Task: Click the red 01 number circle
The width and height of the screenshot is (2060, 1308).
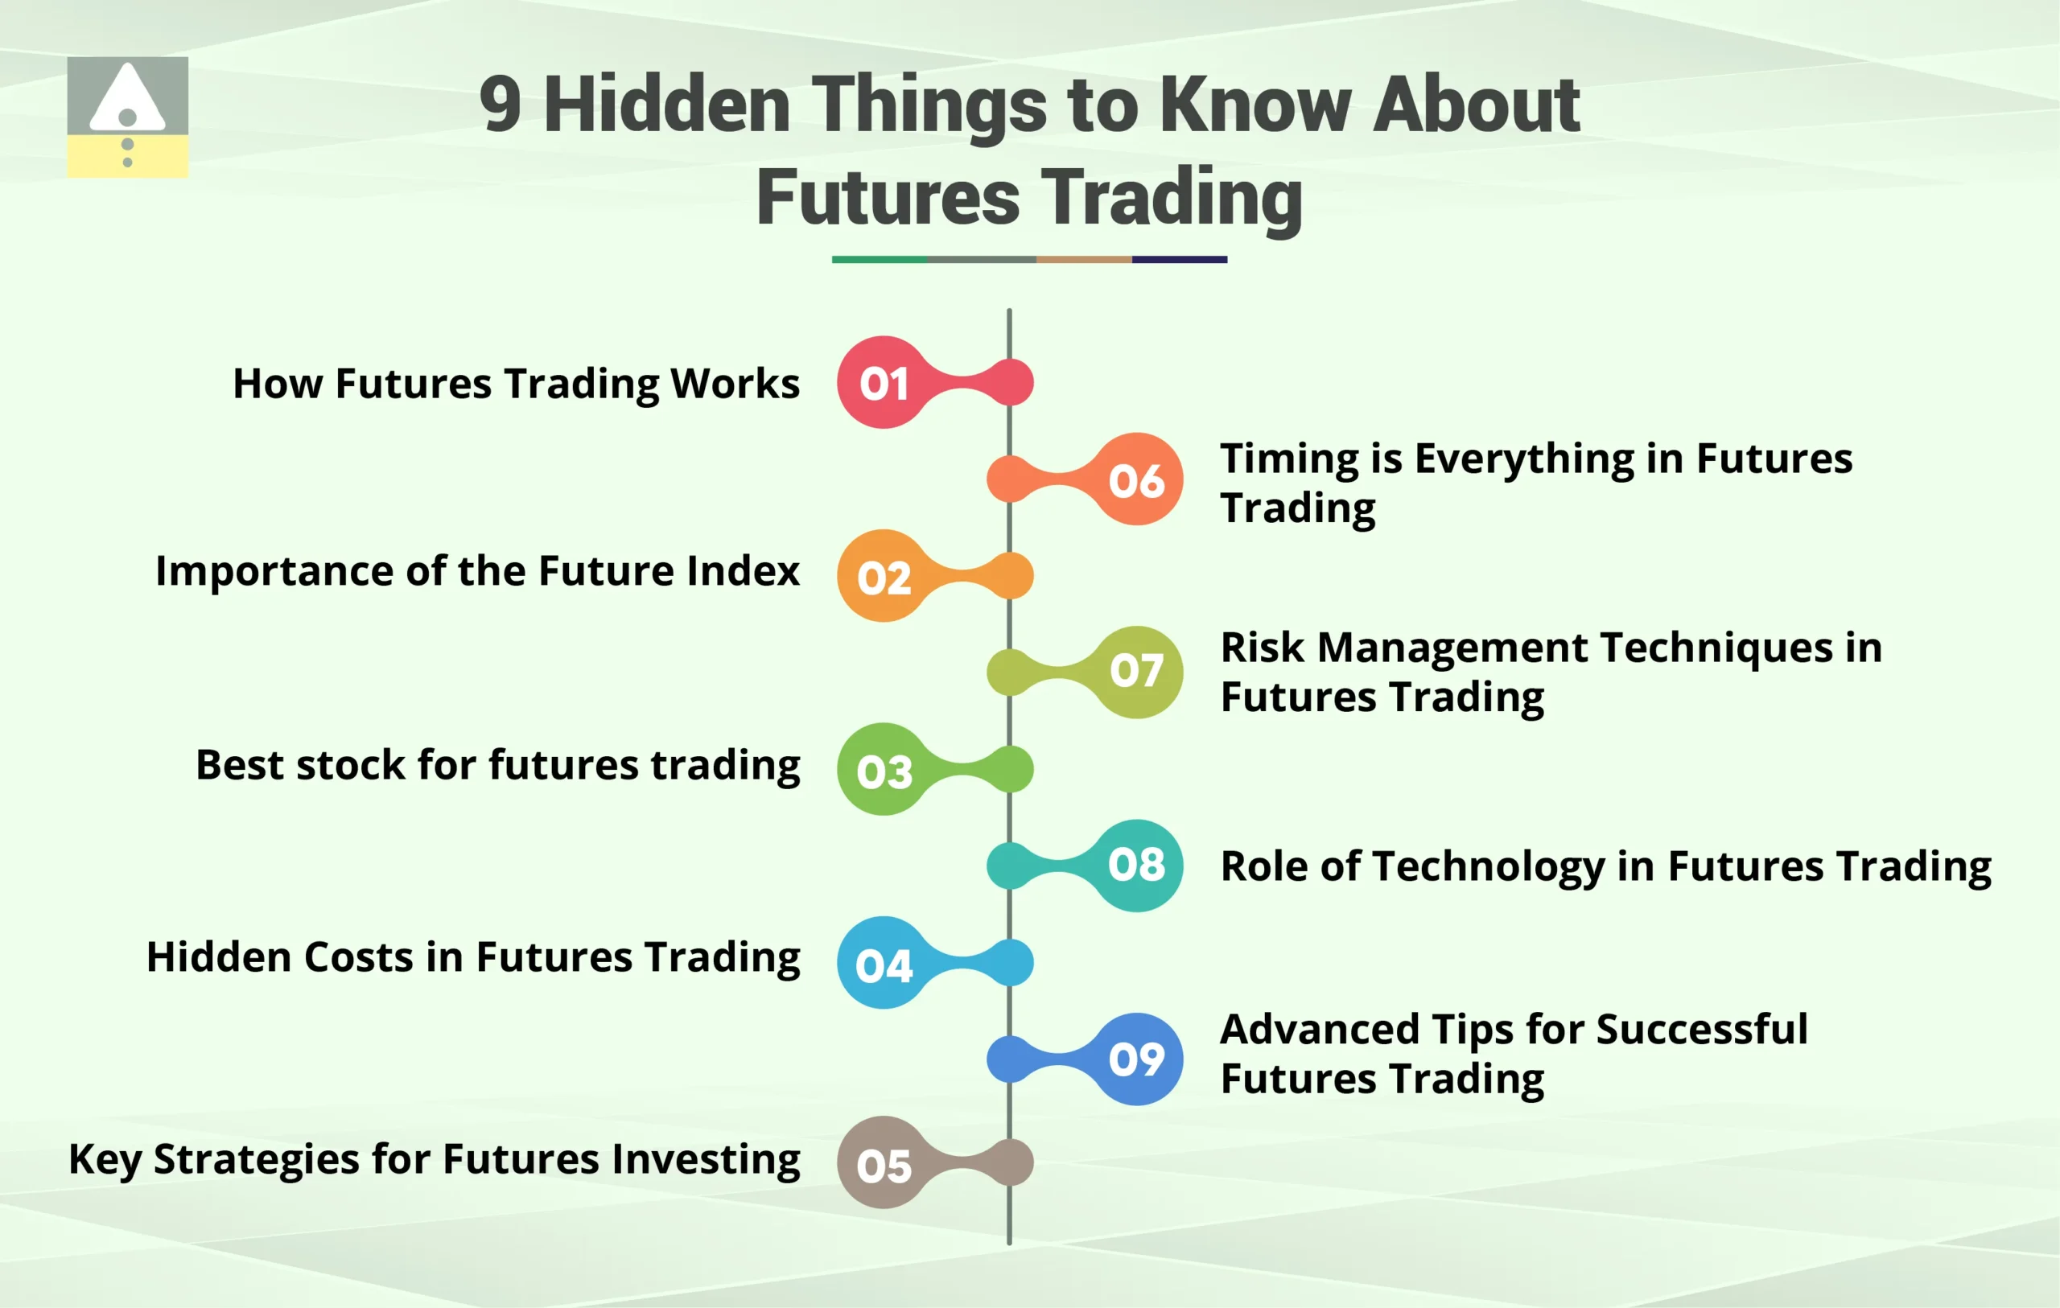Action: (x=884, y=382)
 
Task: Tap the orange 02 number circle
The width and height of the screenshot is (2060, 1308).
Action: (x=884, y=576)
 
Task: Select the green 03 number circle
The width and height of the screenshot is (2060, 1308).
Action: (x=884, y=769)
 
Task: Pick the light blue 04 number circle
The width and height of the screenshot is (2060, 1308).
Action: (x=884, y=963)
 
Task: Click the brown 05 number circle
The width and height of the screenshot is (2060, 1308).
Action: (x=884, y=1162)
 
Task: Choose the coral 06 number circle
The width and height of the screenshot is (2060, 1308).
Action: (x=1137, y=479)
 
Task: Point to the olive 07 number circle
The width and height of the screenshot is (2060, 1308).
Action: (x=1137, y=673)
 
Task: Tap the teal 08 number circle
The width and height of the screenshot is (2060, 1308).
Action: (x=1137, y=866)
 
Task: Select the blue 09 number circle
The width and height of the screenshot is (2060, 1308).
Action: (x=1137, y=1059)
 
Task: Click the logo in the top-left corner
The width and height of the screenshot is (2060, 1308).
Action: (x=127, y=117)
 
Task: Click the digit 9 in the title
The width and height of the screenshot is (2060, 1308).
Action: (x=501, y=105)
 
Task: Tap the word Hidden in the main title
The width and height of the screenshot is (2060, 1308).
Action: (x=667, y=105)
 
